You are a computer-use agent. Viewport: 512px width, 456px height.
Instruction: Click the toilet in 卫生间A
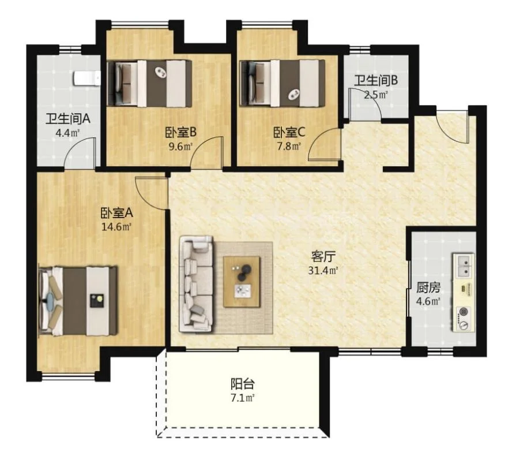pos(87,79)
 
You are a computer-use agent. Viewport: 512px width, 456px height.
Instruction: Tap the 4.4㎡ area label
pos(68,133)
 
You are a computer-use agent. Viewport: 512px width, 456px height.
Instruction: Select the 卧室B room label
pos(180,133)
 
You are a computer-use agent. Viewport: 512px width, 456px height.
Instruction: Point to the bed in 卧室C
pos(283,83)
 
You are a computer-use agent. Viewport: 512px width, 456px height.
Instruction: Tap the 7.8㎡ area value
pos(289,146)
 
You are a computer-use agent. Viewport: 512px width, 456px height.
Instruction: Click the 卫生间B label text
pos(376,80)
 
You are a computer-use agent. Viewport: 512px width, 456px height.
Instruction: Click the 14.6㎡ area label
pos(116,226)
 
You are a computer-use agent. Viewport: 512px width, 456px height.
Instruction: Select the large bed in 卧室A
pos(78,301)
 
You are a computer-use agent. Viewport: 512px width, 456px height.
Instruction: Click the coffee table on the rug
pos(242,282)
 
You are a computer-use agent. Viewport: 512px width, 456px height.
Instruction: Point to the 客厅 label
pos(323,257)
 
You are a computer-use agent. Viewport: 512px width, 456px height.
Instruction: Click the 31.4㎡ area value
pos(323,271)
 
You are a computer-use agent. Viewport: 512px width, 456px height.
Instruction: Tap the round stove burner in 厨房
pos(462,312)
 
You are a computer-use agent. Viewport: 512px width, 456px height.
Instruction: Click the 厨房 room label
pos(428,287)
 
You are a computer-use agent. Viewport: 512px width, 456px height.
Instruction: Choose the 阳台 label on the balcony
pos(242,384)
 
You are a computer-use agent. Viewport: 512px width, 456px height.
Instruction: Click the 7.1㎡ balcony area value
pos(242,398)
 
